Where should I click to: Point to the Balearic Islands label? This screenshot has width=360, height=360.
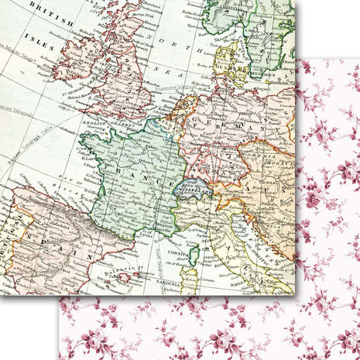tap(124, 266)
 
